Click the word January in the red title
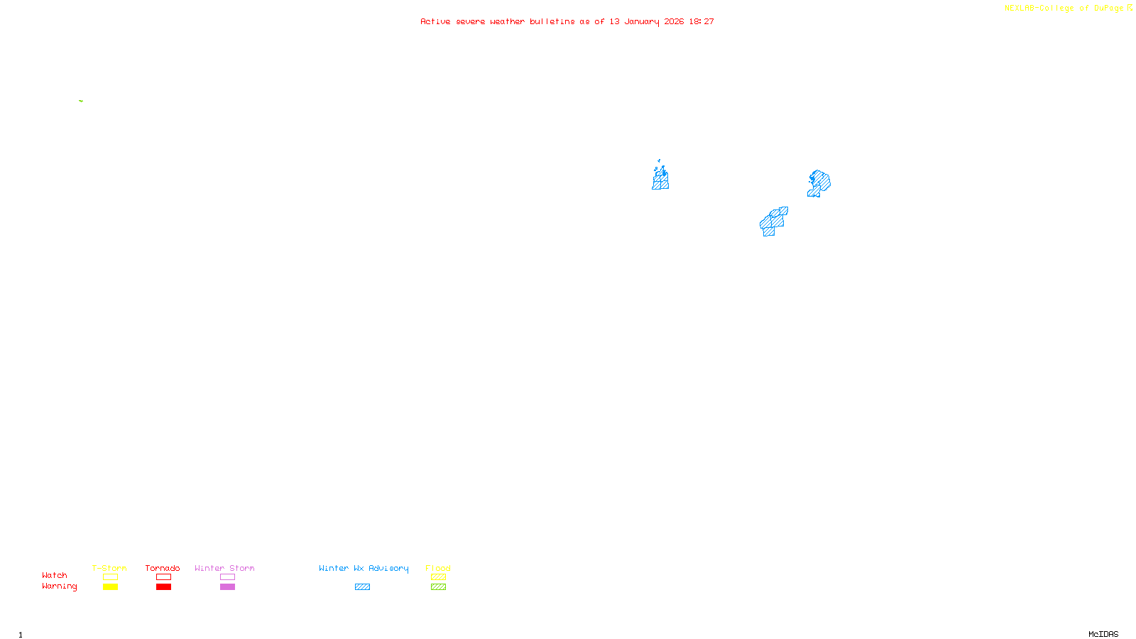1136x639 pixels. point(642,21)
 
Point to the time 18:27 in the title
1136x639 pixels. point(701,21)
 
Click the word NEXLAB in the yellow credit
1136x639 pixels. point(1020,8)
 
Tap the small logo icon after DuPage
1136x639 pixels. point(1130,8)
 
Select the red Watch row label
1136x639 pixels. point(55,575)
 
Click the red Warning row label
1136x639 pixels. point(59,586)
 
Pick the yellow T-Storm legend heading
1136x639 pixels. point(109,568)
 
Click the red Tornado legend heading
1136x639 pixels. point(163,568)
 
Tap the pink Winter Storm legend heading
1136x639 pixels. point(224,568)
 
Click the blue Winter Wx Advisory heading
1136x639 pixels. point(364,568)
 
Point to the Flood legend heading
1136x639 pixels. point(438,568)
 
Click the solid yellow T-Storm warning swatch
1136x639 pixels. point(110,587)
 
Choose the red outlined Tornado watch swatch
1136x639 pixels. point(163,577)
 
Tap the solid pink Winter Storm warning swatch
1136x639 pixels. point(227,587)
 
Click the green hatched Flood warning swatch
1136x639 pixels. point(438,587)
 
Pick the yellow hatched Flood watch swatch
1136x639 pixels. point(438,577)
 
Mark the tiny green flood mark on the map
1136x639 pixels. point(81,101)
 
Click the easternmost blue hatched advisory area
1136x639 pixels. point(819,182)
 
